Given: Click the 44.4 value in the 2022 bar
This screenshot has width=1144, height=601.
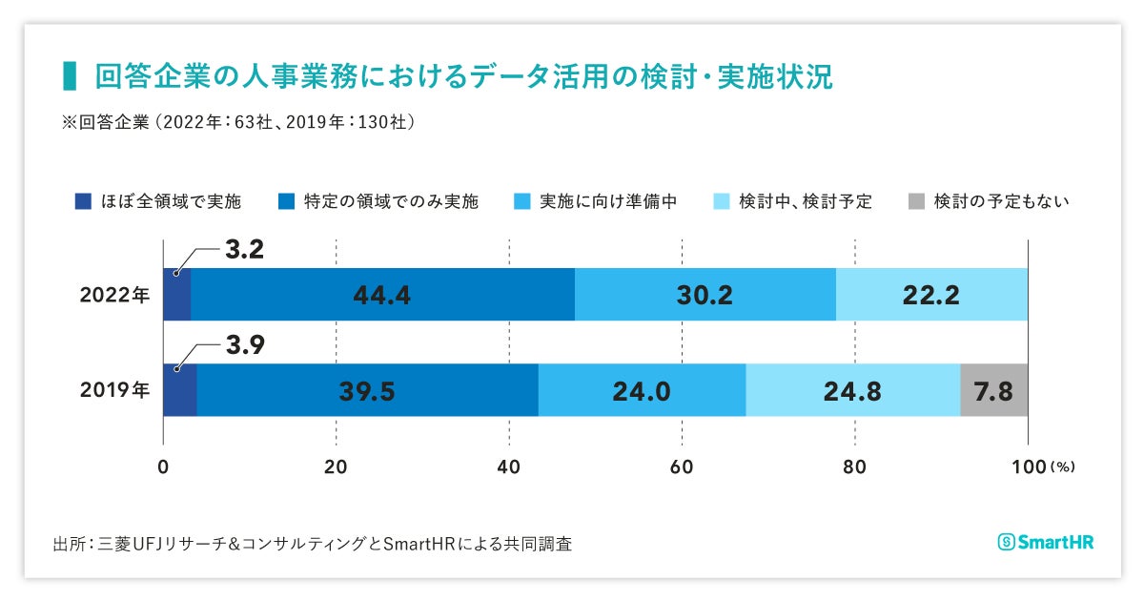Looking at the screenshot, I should pos(381,296).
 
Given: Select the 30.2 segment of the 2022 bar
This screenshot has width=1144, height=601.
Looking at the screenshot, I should pos(705,296).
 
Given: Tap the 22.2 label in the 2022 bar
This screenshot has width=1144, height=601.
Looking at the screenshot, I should pos(931,296).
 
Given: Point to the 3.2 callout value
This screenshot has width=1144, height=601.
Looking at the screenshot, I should pos(244,251).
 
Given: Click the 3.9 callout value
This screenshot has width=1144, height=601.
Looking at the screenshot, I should pos(244,345).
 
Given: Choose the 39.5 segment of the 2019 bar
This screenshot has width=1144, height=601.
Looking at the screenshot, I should pos(367,390).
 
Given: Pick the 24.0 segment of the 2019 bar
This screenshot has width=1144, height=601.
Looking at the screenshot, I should pos(642,390).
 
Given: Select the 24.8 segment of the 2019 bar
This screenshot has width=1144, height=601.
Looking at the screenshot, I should pos(852,390).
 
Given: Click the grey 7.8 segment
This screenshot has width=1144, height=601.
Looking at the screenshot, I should pos(994,390).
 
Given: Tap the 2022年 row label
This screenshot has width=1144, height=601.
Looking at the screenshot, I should pos(114,295).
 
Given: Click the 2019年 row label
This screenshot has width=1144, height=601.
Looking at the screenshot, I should pos(114,390).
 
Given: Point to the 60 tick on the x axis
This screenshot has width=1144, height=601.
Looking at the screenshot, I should pos(682,467).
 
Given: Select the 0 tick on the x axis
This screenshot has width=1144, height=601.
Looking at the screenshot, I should pos(163,467).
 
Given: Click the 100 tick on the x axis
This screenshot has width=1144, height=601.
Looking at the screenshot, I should pos(1028,467).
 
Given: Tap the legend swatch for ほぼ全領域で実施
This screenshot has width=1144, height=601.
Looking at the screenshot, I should pos(83,201).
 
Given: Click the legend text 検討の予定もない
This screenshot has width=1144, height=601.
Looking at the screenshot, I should pos(1001,201).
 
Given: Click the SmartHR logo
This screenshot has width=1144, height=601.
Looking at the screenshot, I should pos(1045,542).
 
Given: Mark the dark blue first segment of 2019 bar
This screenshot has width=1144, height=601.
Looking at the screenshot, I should pos(179,390).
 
